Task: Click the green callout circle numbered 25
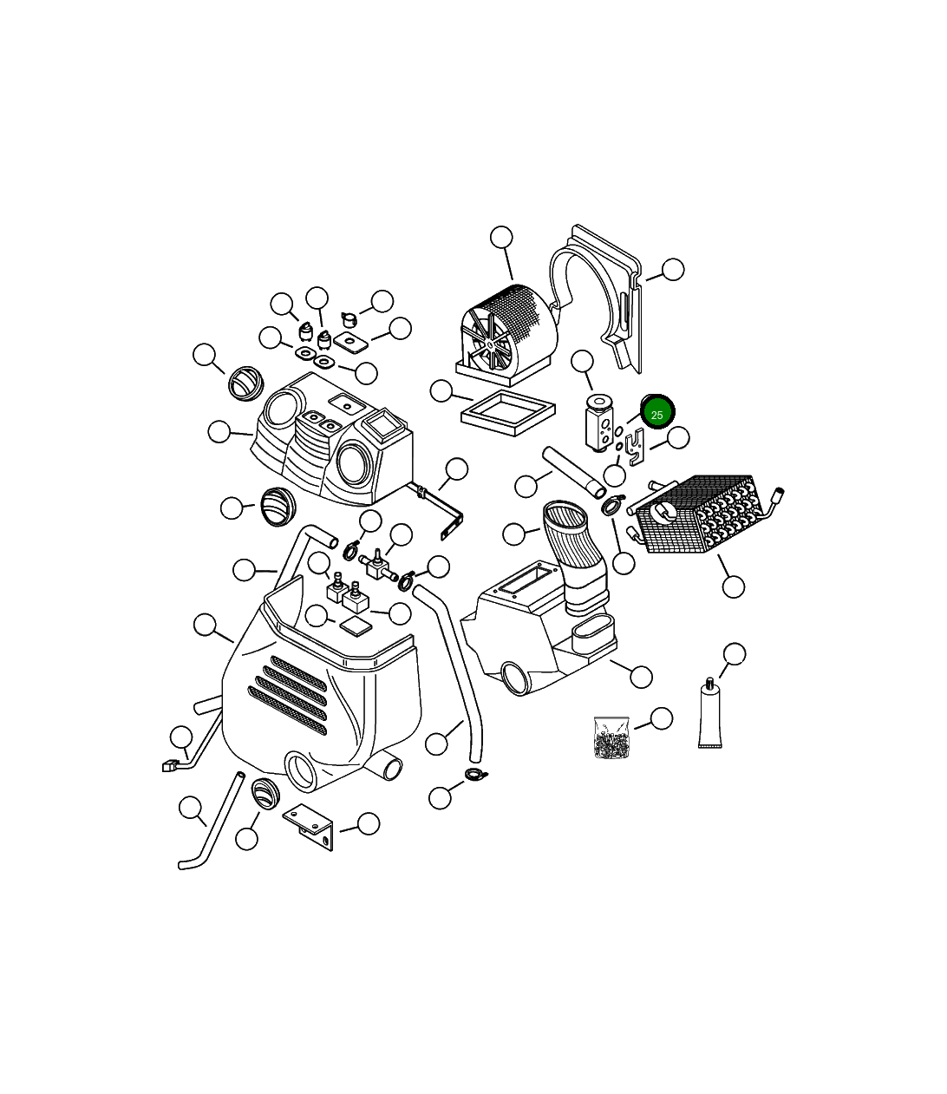coord(656,414)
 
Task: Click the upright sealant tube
coord(709,716)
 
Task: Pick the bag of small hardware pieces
coord(611,737)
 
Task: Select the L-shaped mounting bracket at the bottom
coord(310,826)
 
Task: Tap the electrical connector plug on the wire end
coord(170,765)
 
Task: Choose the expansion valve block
coord(598,423)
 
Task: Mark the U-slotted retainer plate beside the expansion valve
coord(635,443)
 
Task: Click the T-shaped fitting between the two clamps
coord(377,563)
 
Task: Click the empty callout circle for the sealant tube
coord(734,654)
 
